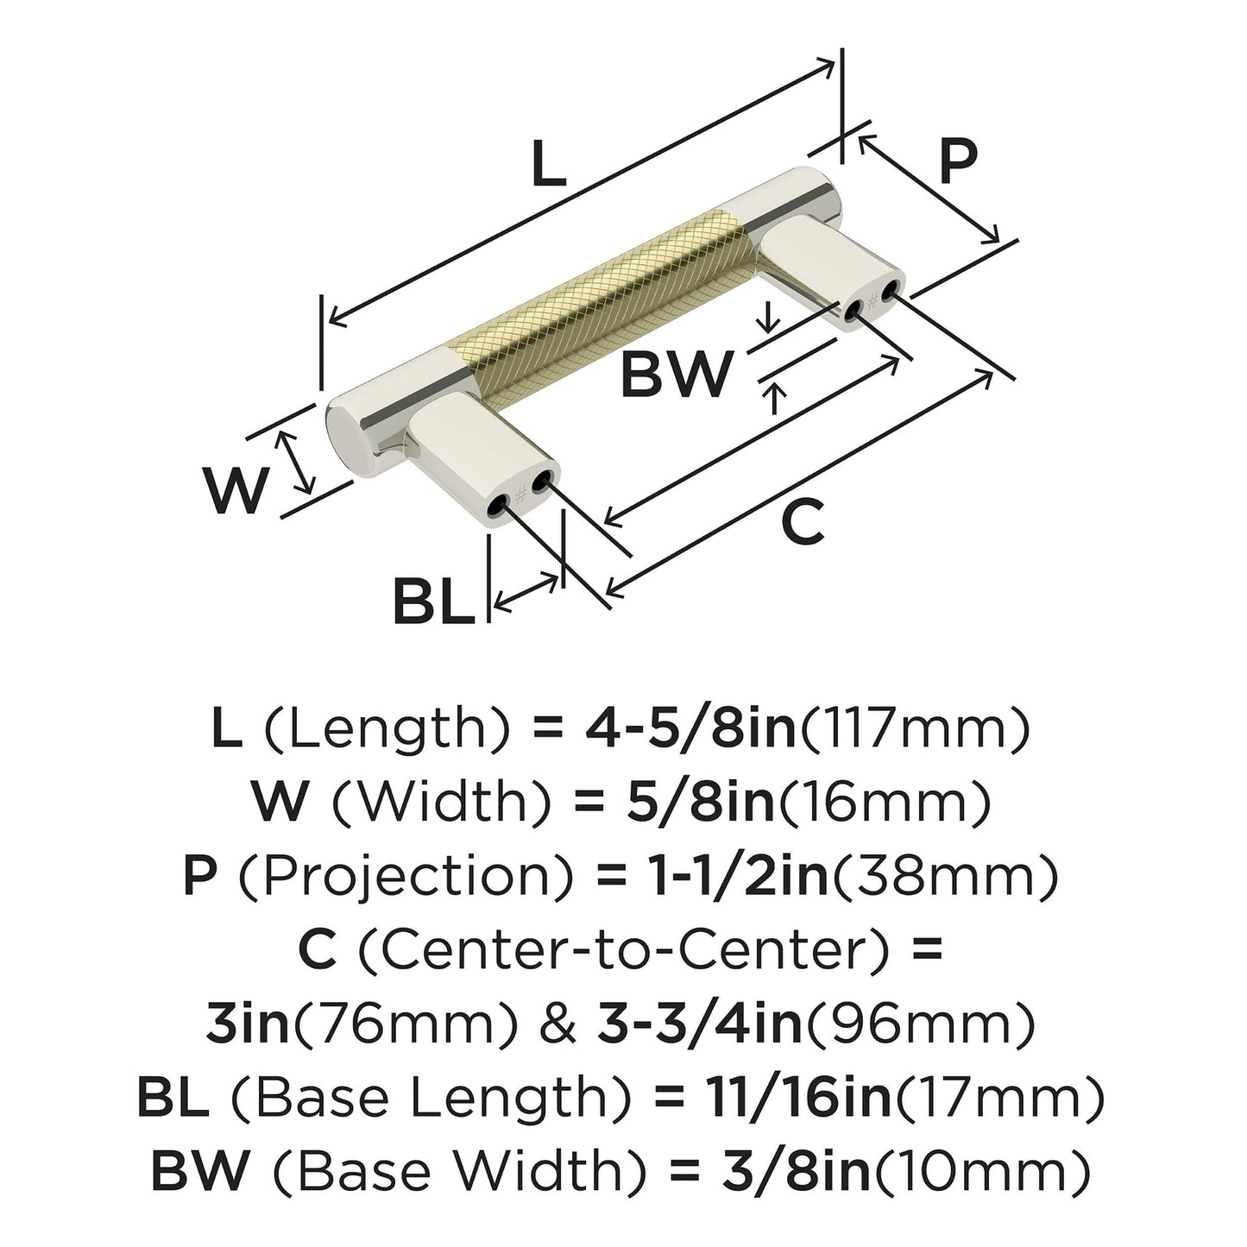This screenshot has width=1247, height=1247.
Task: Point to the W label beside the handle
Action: tap(233, 489)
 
